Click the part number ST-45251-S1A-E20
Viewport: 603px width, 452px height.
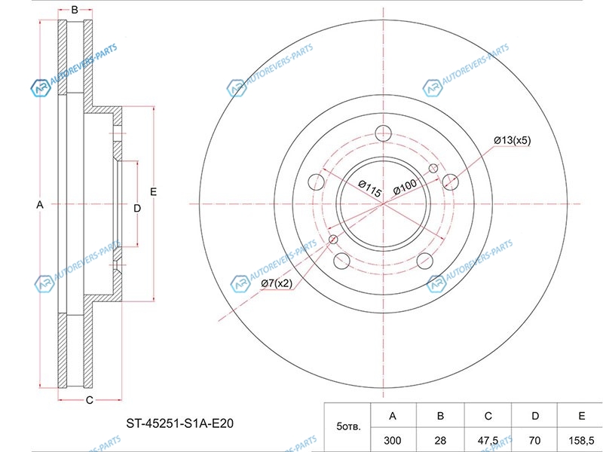(180, 423)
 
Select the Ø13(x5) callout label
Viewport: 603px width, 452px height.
(513, 140)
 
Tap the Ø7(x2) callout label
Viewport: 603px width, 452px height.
(277, 284)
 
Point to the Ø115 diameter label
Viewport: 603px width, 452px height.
(370, 189)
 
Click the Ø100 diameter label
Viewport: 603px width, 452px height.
(405, 186)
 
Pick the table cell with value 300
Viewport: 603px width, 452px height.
(392, 440)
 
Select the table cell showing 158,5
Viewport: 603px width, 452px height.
(581, 440)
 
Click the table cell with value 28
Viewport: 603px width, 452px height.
(440, 440)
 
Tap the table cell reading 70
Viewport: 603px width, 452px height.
(534, 440)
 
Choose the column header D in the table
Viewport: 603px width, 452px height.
(535, 416)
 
